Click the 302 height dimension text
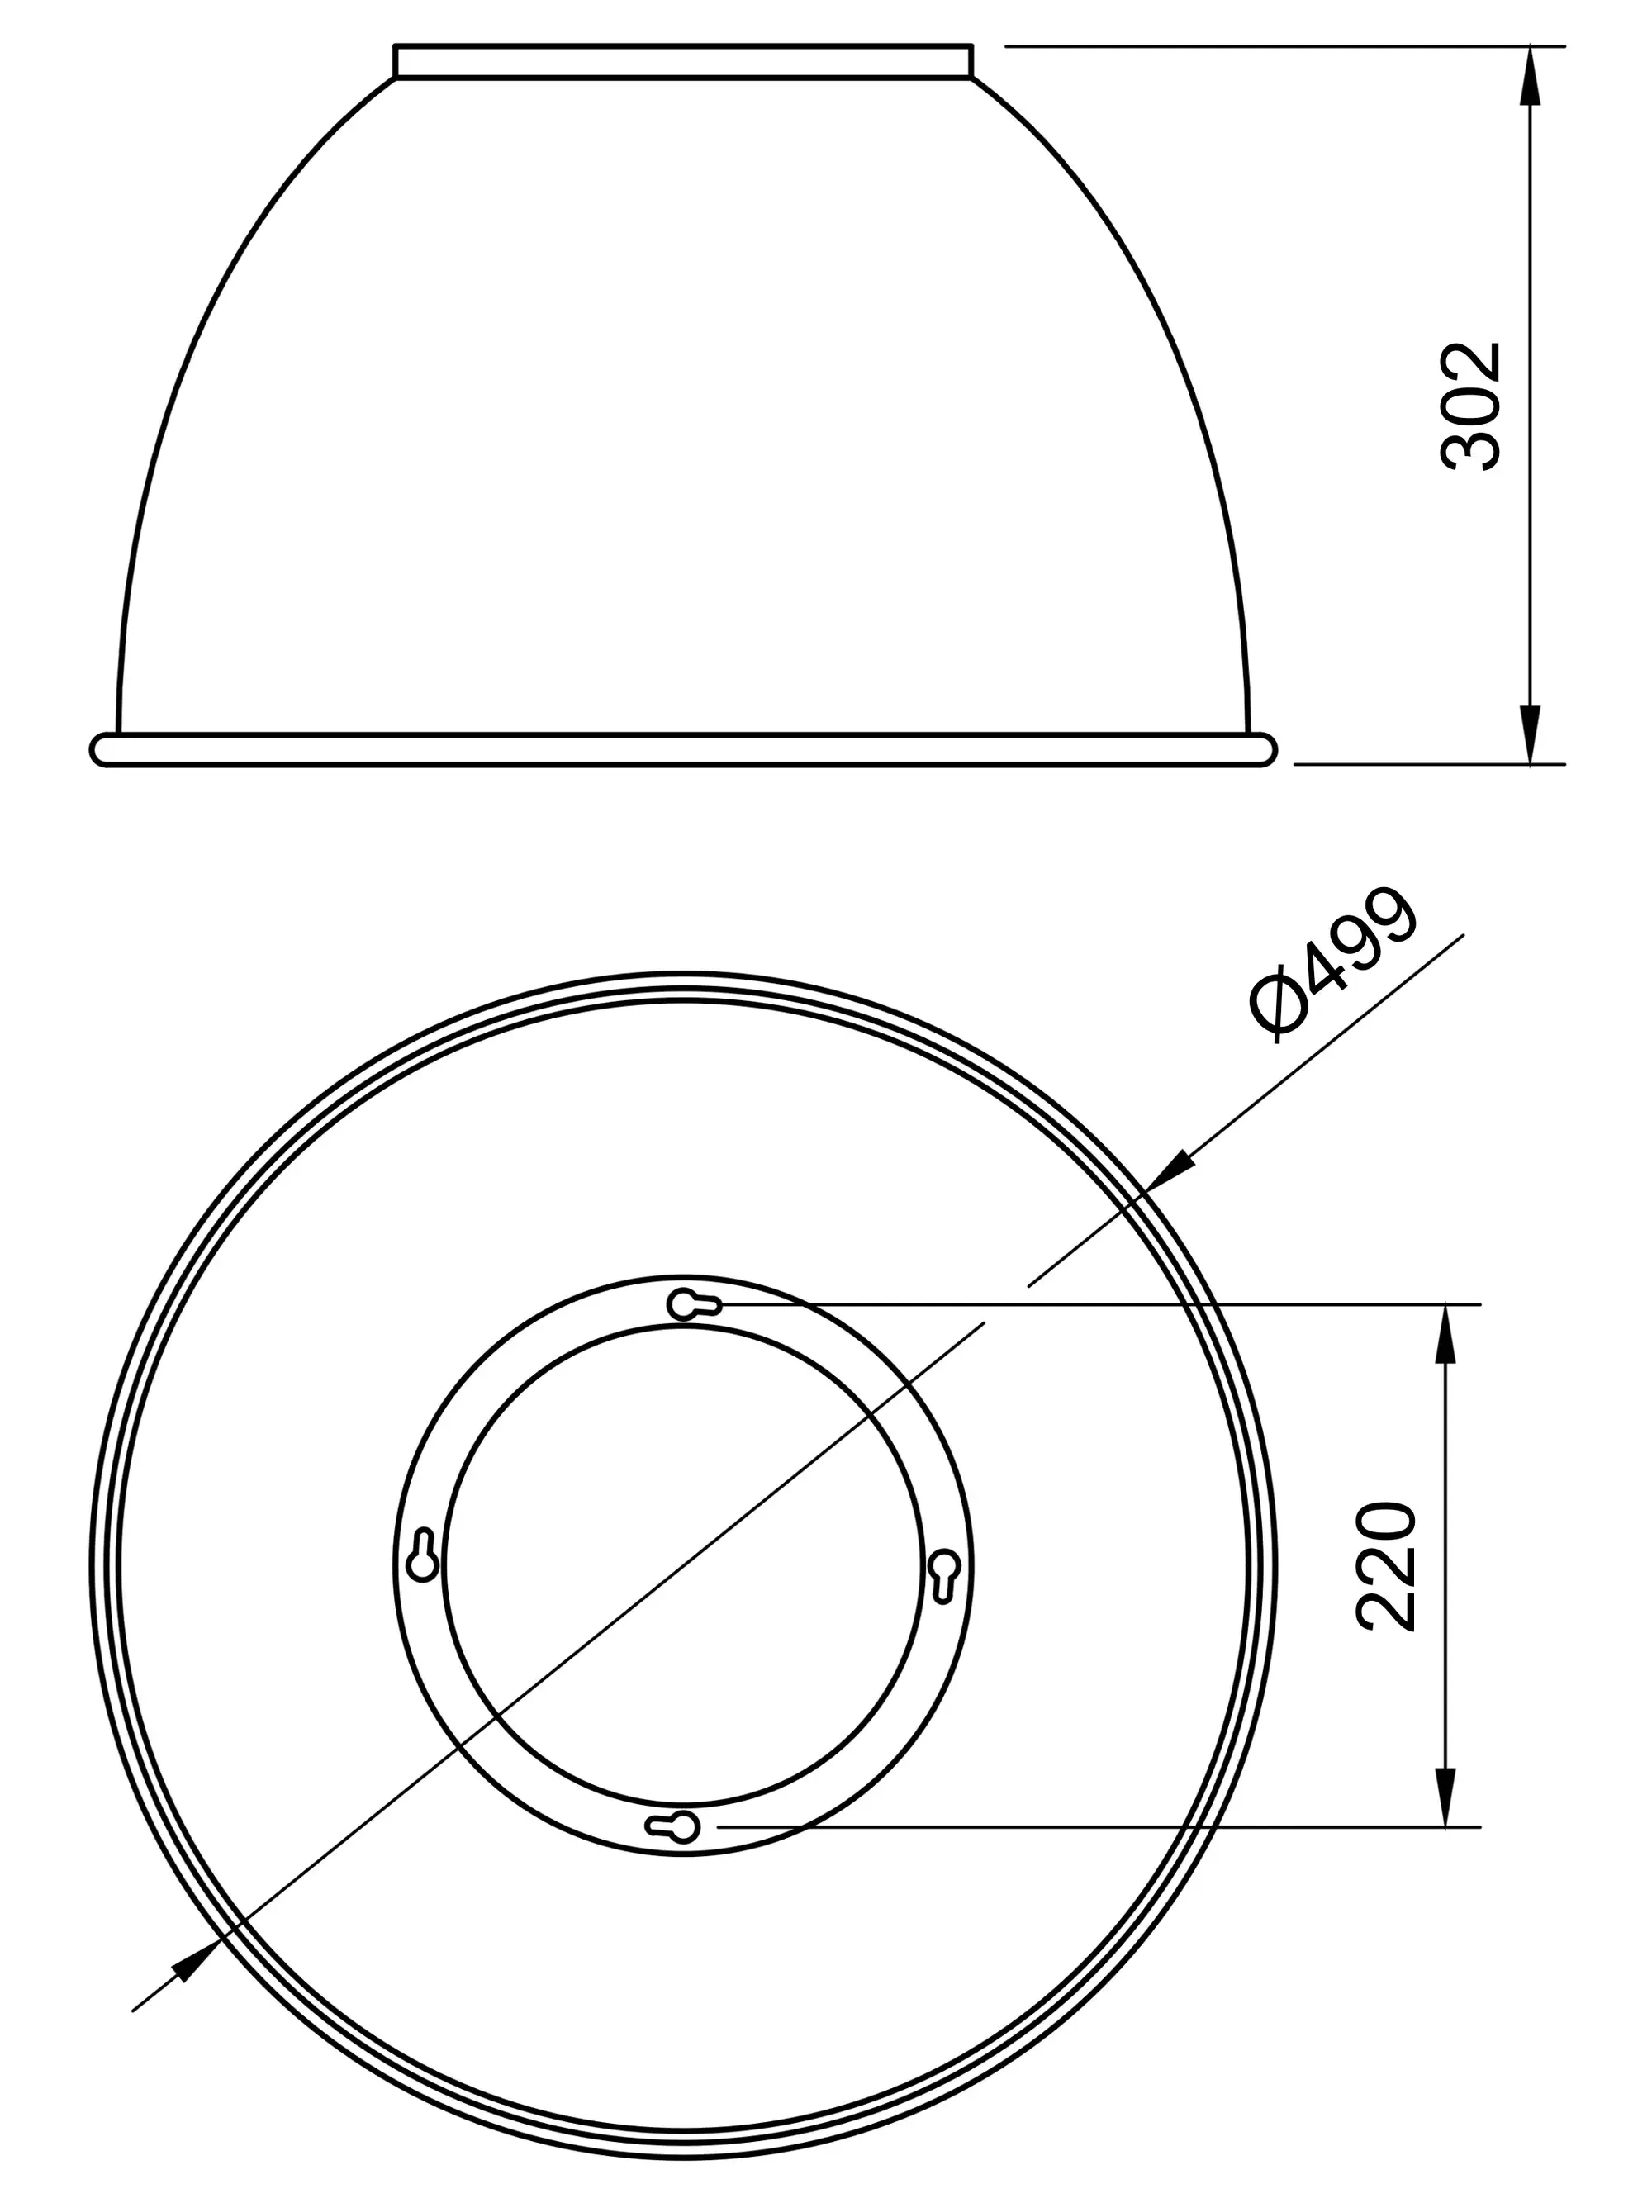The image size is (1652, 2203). tap(1469, 406)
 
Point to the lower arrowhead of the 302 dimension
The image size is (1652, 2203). tap(1531, 735)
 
